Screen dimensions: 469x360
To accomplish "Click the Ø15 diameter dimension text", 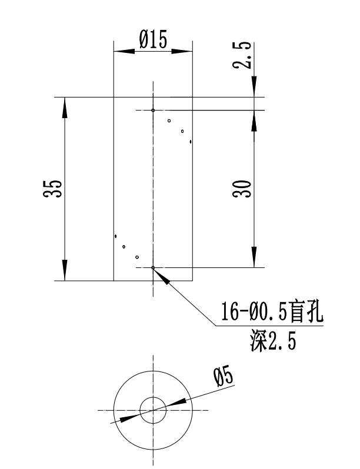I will (x=153, y=40).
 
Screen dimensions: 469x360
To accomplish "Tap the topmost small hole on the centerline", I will (x=153, y=110).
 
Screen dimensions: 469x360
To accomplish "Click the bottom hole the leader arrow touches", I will (x=153, y=268).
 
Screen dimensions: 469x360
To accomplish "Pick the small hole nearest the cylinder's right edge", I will (x=191, y=142).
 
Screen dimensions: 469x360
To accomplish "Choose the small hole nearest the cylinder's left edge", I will (x=116, y=236).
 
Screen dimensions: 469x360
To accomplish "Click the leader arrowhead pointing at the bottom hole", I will (x=162, y=276).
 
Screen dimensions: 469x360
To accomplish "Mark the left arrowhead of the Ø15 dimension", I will (x=121, y=51).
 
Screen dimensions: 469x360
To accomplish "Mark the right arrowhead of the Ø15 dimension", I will (x=185, y=51).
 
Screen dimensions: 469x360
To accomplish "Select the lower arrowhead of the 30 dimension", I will (x=254, y=259).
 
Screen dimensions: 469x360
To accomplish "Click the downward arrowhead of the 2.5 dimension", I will (x=254, y=89).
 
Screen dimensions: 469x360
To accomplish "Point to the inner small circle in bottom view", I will (x=153, y=410).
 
